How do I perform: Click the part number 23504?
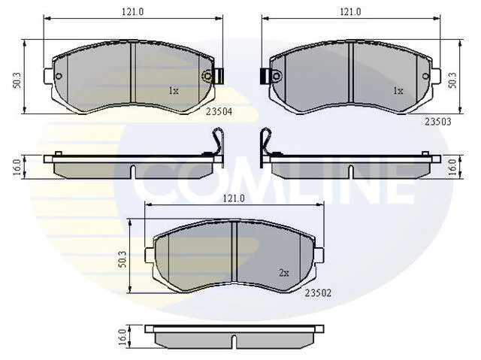[x=219, y=112]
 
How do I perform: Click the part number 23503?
[x=437, y=122]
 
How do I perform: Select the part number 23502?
[x=318, y=293]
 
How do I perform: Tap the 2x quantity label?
[x=284, y=273]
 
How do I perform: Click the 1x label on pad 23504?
[x=174, y=91]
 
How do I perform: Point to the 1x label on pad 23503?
[x=398, y=91]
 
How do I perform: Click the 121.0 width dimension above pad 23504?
[x=133, y=12]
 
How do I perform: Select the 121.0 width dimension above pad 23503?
[x=350, y=12]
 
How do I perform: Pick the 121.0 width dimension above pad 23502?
[x=234, y=198]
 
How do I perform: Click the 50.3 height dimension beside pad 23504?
[x=17, y=80]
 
